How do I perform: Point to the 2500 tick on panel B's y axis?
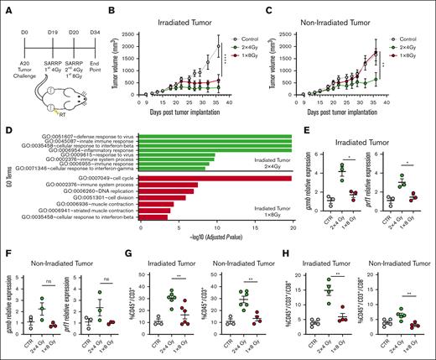(134, 28)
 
